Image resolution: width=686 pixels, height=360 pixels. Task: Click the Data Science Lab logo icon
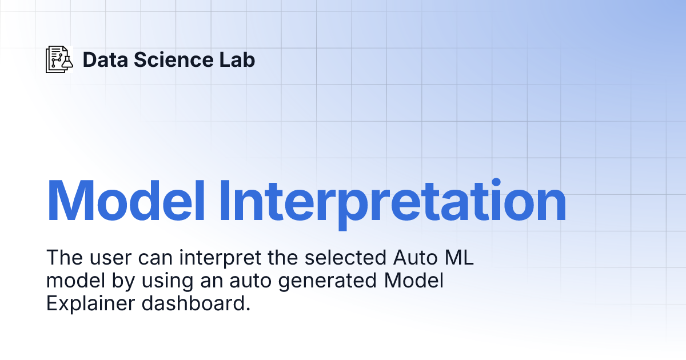59,59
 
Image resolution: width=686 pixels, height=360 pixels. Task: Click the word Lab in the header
237,59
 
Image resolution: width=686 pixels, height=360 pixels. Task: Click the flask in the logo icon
66,62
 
